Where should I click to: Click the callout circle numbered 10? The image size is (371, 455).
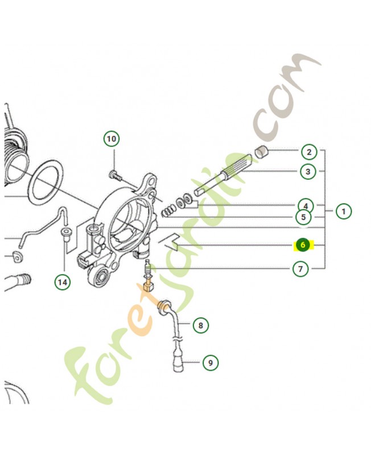[x=112, y=139]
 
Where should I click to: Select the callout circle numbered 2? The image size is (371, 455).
[x=309, y=152]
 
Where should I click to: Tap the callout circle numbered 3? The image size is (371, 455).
[x=308, y=172]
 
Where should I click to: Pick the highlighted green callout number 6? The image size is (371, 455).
[x=303, y=245]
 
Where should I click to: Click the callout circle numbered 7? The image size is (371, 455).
[x=300, y=269]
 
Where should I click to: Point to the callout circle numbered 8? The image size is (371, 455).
[x=201, y=325]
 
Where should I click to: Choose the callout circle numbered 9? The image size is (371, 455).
[x=210, y=362]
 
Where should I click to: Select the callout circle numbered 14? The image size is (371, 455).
[x=63, y=282]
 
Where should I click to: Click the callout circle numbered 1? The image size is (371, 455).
[x=344, y=211]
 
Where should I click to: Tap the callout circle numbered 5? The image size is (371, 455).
[x=303, y=217]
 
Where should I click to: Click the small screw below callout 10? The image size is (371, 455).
[x=116, y=175]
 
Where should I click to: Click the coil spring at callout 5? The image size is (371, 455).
[x=168, y=210]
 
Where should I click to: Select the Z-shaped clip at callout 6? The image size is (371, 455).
[x=168, y=241]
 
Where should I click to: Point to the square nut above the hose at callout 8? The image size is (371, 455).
[x=149, y=288]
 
